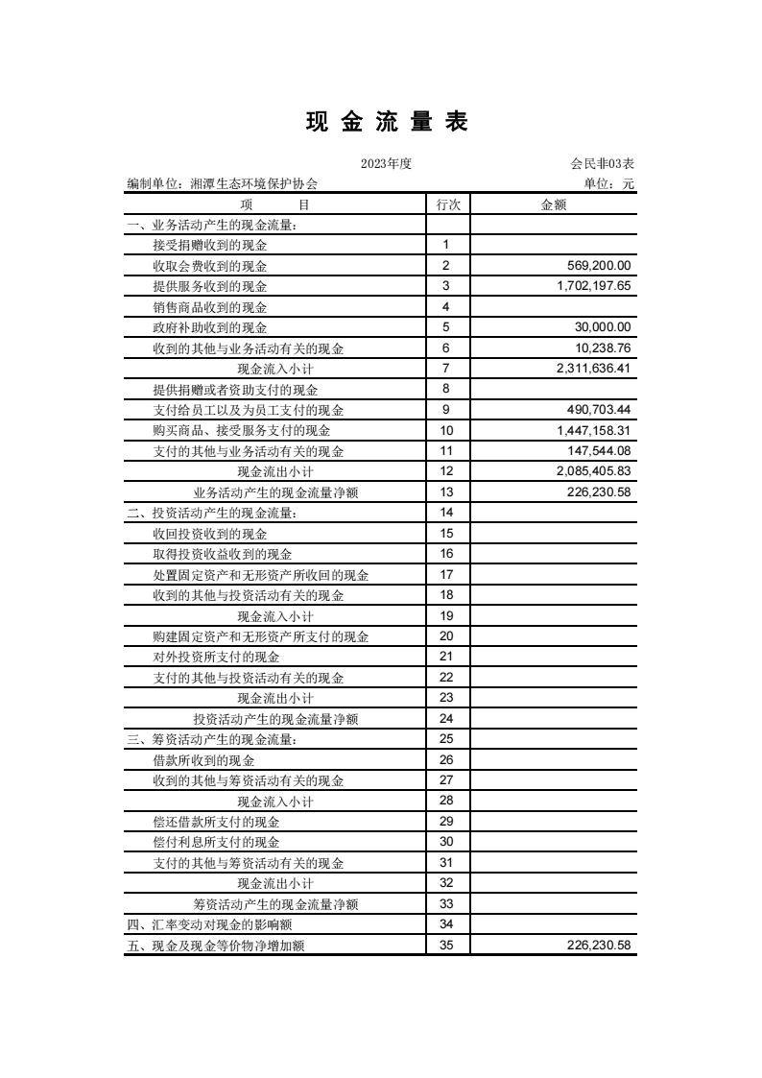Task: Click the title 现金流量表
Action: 387,122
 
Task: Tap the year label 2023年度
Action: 386,164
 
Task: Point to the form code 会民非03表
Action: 602,164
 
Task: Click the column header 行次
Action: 447,204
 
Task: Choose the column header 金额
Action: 554,204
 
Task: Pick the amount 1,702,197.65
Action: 593,286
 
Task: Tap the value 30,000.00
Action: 602,327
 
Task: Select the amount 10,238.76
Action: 602,347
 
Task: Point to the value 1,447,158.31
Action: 593,430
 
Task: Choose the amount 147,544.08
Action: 598,451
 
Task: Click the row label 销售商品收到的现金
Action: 210,307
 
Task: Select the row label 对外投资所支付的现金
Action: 216,657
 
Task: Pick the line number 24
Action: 446,718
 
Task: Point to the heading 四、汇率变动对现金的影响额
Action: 209,924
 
